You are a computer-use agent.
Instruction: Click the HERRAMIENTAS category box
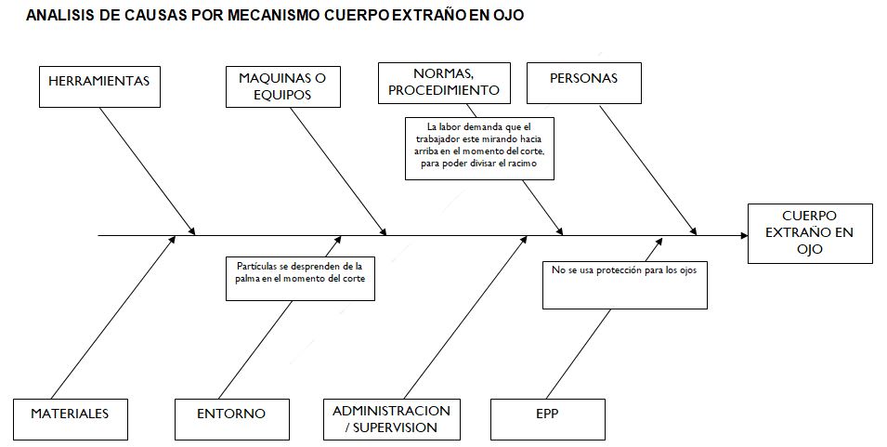(99, 86)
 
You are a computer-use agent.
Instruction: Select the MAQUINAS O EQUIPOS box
(283, 86)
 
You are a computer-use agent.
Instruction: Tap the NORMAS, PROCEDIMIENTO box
(444, 84)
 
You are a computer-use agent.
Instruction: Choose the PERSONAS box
(584, 84)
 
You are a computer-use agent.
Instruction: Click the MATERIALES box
(71, 419)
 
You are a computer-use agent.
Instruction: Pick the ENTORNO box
(231, 419)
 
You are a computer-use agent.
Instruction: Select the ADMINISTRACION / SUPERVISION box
(391, 419)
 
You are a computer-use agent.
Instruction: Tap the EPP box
(548, 419)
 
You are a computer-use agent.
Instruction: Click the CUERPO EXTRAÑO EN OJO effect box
(810, 233)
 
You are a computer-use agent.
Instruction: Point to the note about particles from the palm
(300, 279)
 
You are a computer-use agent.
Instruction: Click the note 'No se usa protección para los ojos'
(624, 284)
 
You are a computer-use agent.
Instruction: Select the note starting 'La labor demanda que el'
(479, 149)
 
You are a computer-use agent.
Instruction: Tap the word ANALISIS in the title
(60, 15)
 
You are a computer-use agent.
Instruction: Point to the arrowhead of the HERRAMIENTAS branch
(191, 230)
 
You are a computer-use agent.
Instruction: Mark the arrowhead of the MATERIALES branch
(172, 240)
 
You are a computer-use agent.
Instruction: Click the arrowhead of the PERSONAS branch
(693, 230)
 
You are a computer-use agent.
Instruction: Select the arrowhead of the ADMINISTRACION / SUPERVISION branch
(523, 240)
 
